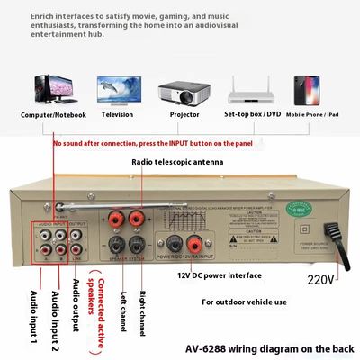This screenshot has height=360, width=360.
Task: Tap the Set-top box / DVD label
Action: (252, 114)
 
